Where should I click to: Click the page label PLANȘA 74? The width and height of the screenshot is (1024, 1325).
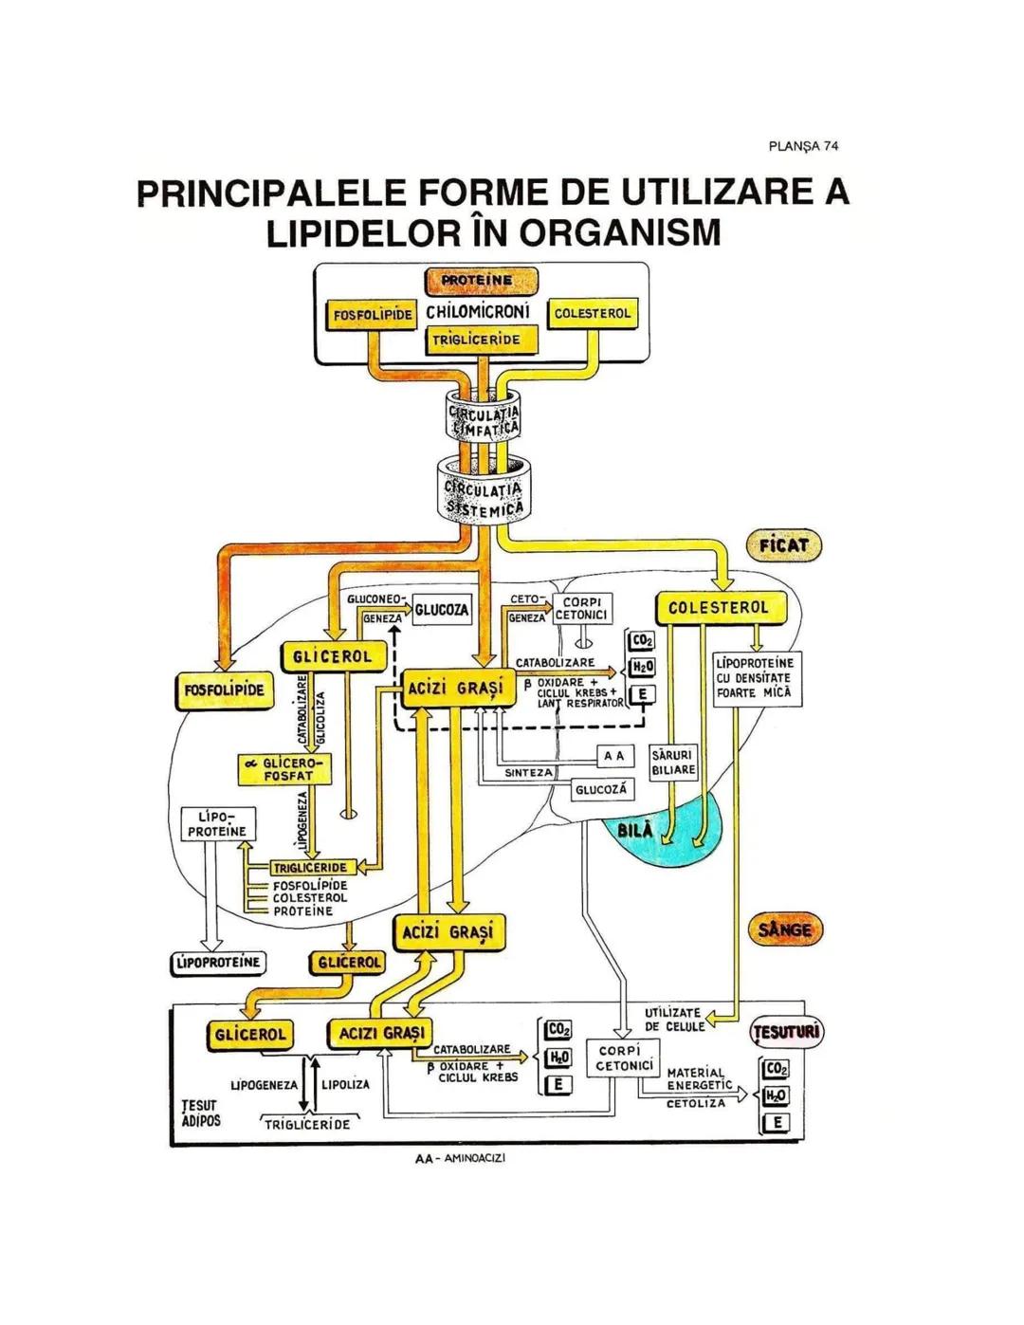click(x=803, y=146)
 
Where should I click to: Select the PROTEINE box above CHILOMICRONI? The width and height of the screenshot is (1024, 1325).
click(x=482, y=281)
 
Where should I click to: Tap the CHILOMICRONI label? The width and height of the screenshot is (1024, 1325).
click(x=478, y=311)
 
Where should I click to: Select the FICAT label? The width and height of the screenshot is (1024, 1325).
click(x=783, y=545)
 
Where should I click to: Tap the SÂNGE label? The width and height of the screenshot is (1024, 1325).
click(x=785, y=929)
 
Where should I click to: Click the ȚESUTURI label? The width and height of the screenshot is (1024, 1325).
click(x=787, y=1032)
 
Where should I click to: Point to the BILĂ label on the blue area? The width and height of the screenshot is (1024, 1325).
click(x=635, y=830)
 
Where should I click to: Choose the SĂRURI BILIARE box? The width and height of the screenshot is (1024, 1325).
click(x=673, y=763)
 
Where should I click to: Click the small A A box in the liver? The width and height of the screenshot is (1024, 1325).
click(x=614, y=756)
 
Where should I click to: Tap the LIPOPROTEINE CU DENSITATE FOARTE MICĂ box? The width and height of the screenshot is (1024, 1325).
click(x=757, y=678)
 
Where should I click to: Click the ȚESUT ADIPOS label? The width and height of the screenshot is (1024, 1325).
click(x=200, y=1113)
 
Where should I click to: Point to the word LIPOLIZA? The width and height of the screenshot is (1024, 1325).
click(x=346, y=1084)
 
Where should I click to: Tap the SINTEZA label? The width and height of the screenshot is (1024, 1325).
click(x=527, y=773)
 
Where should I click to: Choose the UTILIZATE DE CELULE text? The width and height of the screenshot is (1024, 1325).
click(x=673, y=1020)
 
